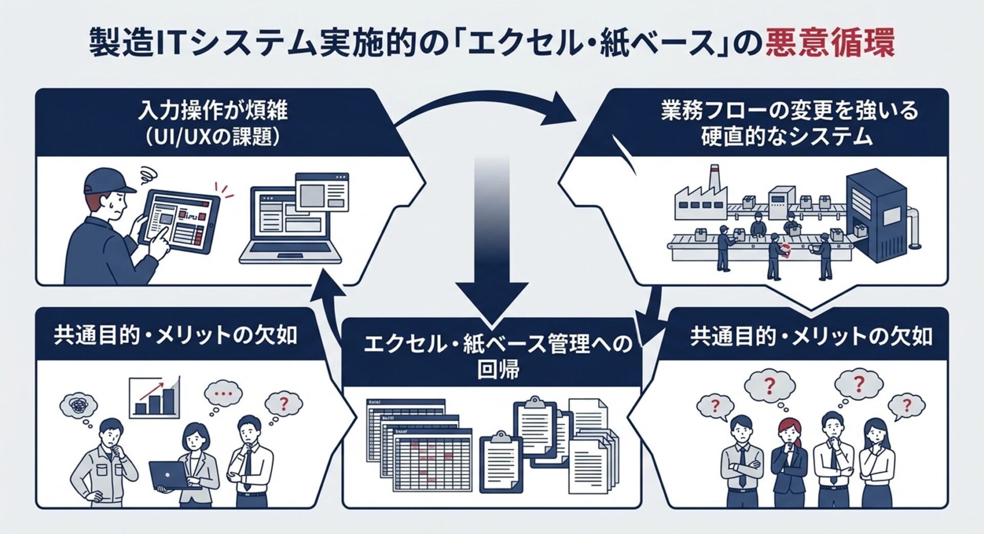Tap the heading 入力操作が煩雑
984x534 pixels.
[213, 111]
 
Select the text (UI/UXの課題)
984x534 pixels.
[213, 137]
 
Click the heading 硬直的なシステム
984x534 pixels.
[786, 137]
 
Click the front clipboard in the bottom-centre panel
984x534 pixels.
[501, 461]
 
